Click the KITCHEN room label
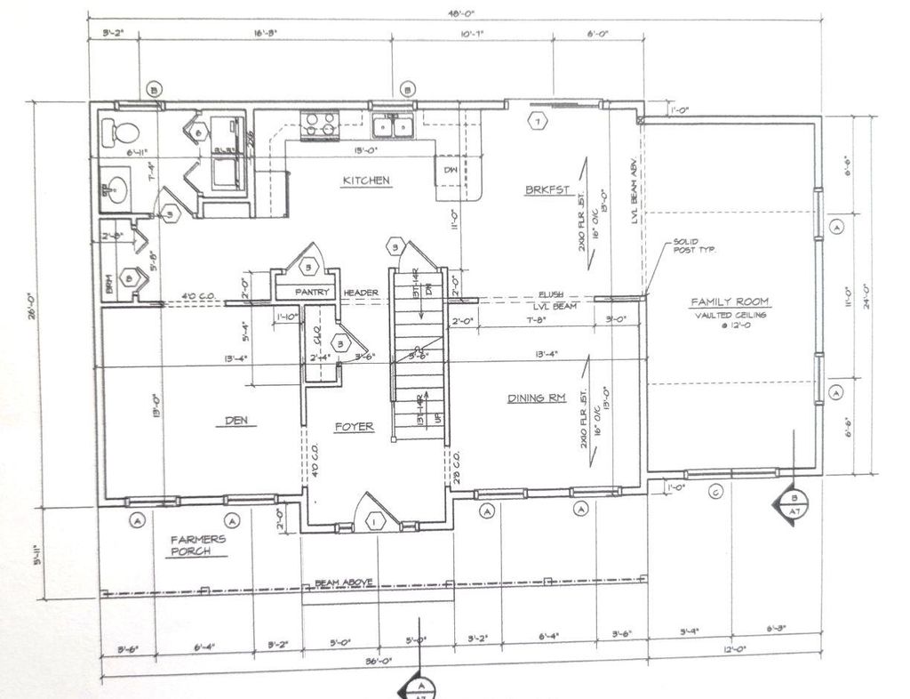pyautogui.click(x=366, y=181)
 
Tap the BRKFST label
pyautogui.click(x=544, y=189)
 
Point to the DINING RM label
pyautogui.click(x=537, y=398)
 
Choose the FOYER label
pyautogui.click(x=354, y=427)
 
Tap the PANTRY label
pyautogui.click(x=313, y=293)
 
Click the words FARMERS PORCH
pyautogui.click(x=199, y=545)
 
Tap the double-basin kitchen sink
pyautogui.click(x=391, y=125)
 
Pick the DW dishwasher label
pyautogui.click(x=449, y=170)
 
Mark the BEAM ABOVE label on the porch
pyautogui.click(x=343, y=583)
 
